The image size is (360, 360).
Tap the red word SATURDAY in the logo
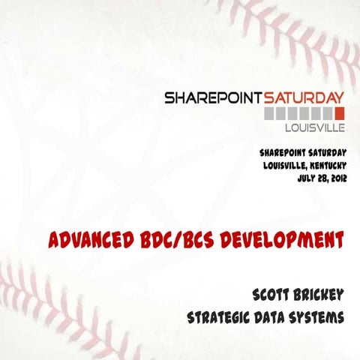click(304, 98)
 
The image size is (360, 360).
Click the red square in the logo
click(339, 113)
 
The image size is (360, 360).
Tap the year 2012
click(336, 177)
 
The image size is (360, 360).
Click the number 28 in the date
click(318, 177)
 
